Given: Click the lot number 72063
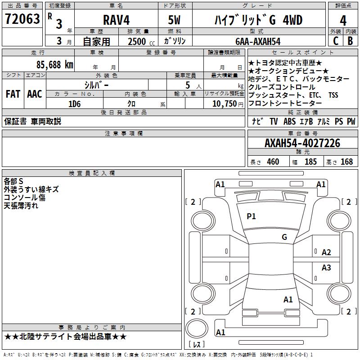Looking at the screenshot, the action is pyautogui.click(x=22, y=19).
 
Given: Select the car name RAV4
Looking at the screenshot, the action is pyautogui.click(x=116, y=20).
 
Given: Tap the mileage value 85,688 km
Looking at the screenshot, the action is pyautogui.click(x=54, y=64).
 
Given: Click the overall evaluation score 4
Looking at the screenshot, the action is pyautogui.click(x=343, y=21).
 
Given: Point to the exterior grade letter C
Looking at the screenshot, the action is pyautogui.click(x=336, y=41).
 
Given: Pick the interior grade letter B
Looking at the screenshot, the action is pyautogui.click(x=350, y=41).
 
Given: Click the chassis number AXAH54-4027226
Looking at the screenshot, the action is pyautogui.click(x=302, y=143).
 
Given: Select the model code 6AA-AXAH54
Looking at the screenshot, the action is pyautogui.click(x=258, y=41).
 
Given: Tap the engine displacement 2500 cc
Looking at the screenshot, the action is pyautogui.click(x=141, y=41).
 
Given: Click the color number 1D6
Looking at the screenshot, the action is pyautogui.click(x=75, y=104).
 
